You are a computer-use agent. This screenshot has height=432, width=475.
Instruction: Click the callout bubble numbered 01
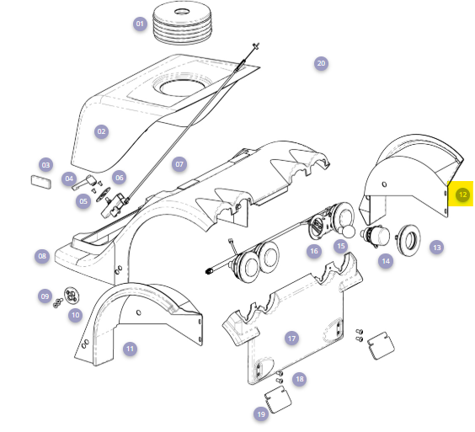click(x=140, y=24)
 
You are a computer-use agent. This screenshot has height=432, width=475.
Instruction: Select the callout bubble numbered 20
click(x=321, y=63)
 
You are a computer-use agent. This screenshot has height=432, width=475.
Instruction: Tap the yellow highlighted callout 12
click(x=462, y=195)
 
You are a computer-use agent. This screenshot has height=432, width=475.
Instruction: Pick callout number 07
click(x=179, y=164)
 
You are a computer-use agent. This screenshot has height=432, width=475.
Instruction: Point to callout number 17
click(x=291, y=339)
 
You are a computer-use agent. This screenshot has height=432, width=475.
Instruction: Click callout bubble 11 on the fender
click(x=130, y=349)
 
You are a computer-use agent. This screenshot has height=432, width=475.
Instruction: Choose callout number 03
click(x=45, y=165)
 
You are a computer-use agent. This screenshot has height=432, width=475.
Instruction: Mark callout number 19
click(x=261, y=414)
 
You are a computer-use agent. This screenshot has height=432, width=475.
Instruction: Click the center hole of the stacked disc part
click(x=182, y=12)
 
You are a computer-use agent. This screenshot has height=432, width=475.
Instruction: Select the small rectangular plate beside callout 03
click(x=41, y=182)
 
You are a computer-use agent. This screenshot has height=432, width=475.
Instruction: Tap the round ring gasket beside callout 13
click(x=409, y=241)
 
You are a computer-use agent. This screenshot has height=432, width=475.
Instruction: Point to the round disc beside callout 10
click(x=72, y=295)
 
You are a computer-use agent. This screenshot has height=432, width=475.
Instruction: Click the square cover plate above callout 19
click(x=278, y=400)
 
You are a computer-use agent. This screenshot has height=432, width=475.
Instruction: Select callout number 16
click(x=314, y=251)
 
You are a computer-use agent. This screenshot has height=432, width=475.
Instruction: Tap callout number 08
click(x=42, y=256)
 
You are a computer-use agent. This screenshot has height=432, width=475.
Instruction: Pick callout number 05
click(x=83, y=201)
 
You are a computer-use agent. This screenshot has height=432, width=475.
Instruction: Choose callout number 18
click(x=300, y=379)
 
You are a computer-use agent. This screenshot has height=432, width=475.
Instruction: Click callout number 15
click(x=341, y=246)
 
